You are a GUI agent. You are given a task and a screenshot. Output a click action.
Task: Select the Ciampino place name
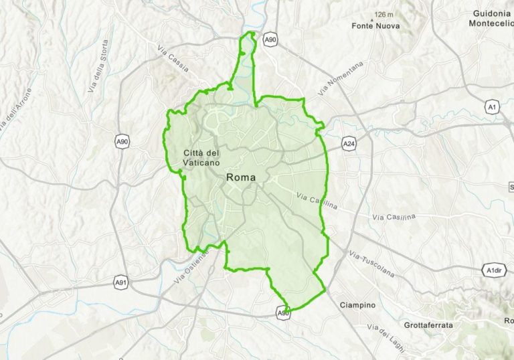pos(357,305)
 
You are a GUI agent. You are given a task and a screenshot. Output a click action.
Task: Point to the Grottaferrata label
pos(428,325)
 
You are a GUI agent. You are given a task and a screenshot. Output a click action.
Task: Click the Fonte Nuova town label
pos(375,27)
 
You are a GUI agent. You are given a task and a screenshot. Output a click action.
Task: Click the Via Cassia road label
pos(173,50)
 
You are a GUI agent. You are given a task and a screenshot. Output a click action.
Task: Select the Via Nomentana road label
pos(341,78)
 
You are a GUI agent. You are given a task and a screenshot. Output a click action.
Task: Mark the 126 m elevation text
pos(384,14)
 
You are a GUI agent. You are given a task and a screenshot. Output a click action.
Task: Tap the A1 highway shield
pos(492,107)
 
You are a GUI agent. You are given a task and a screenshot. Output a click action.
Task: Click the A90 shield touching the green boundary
pos(284,312)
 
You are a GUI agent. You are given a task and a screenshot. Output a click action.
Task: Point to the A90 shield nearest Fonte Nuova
pos(269,41)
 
